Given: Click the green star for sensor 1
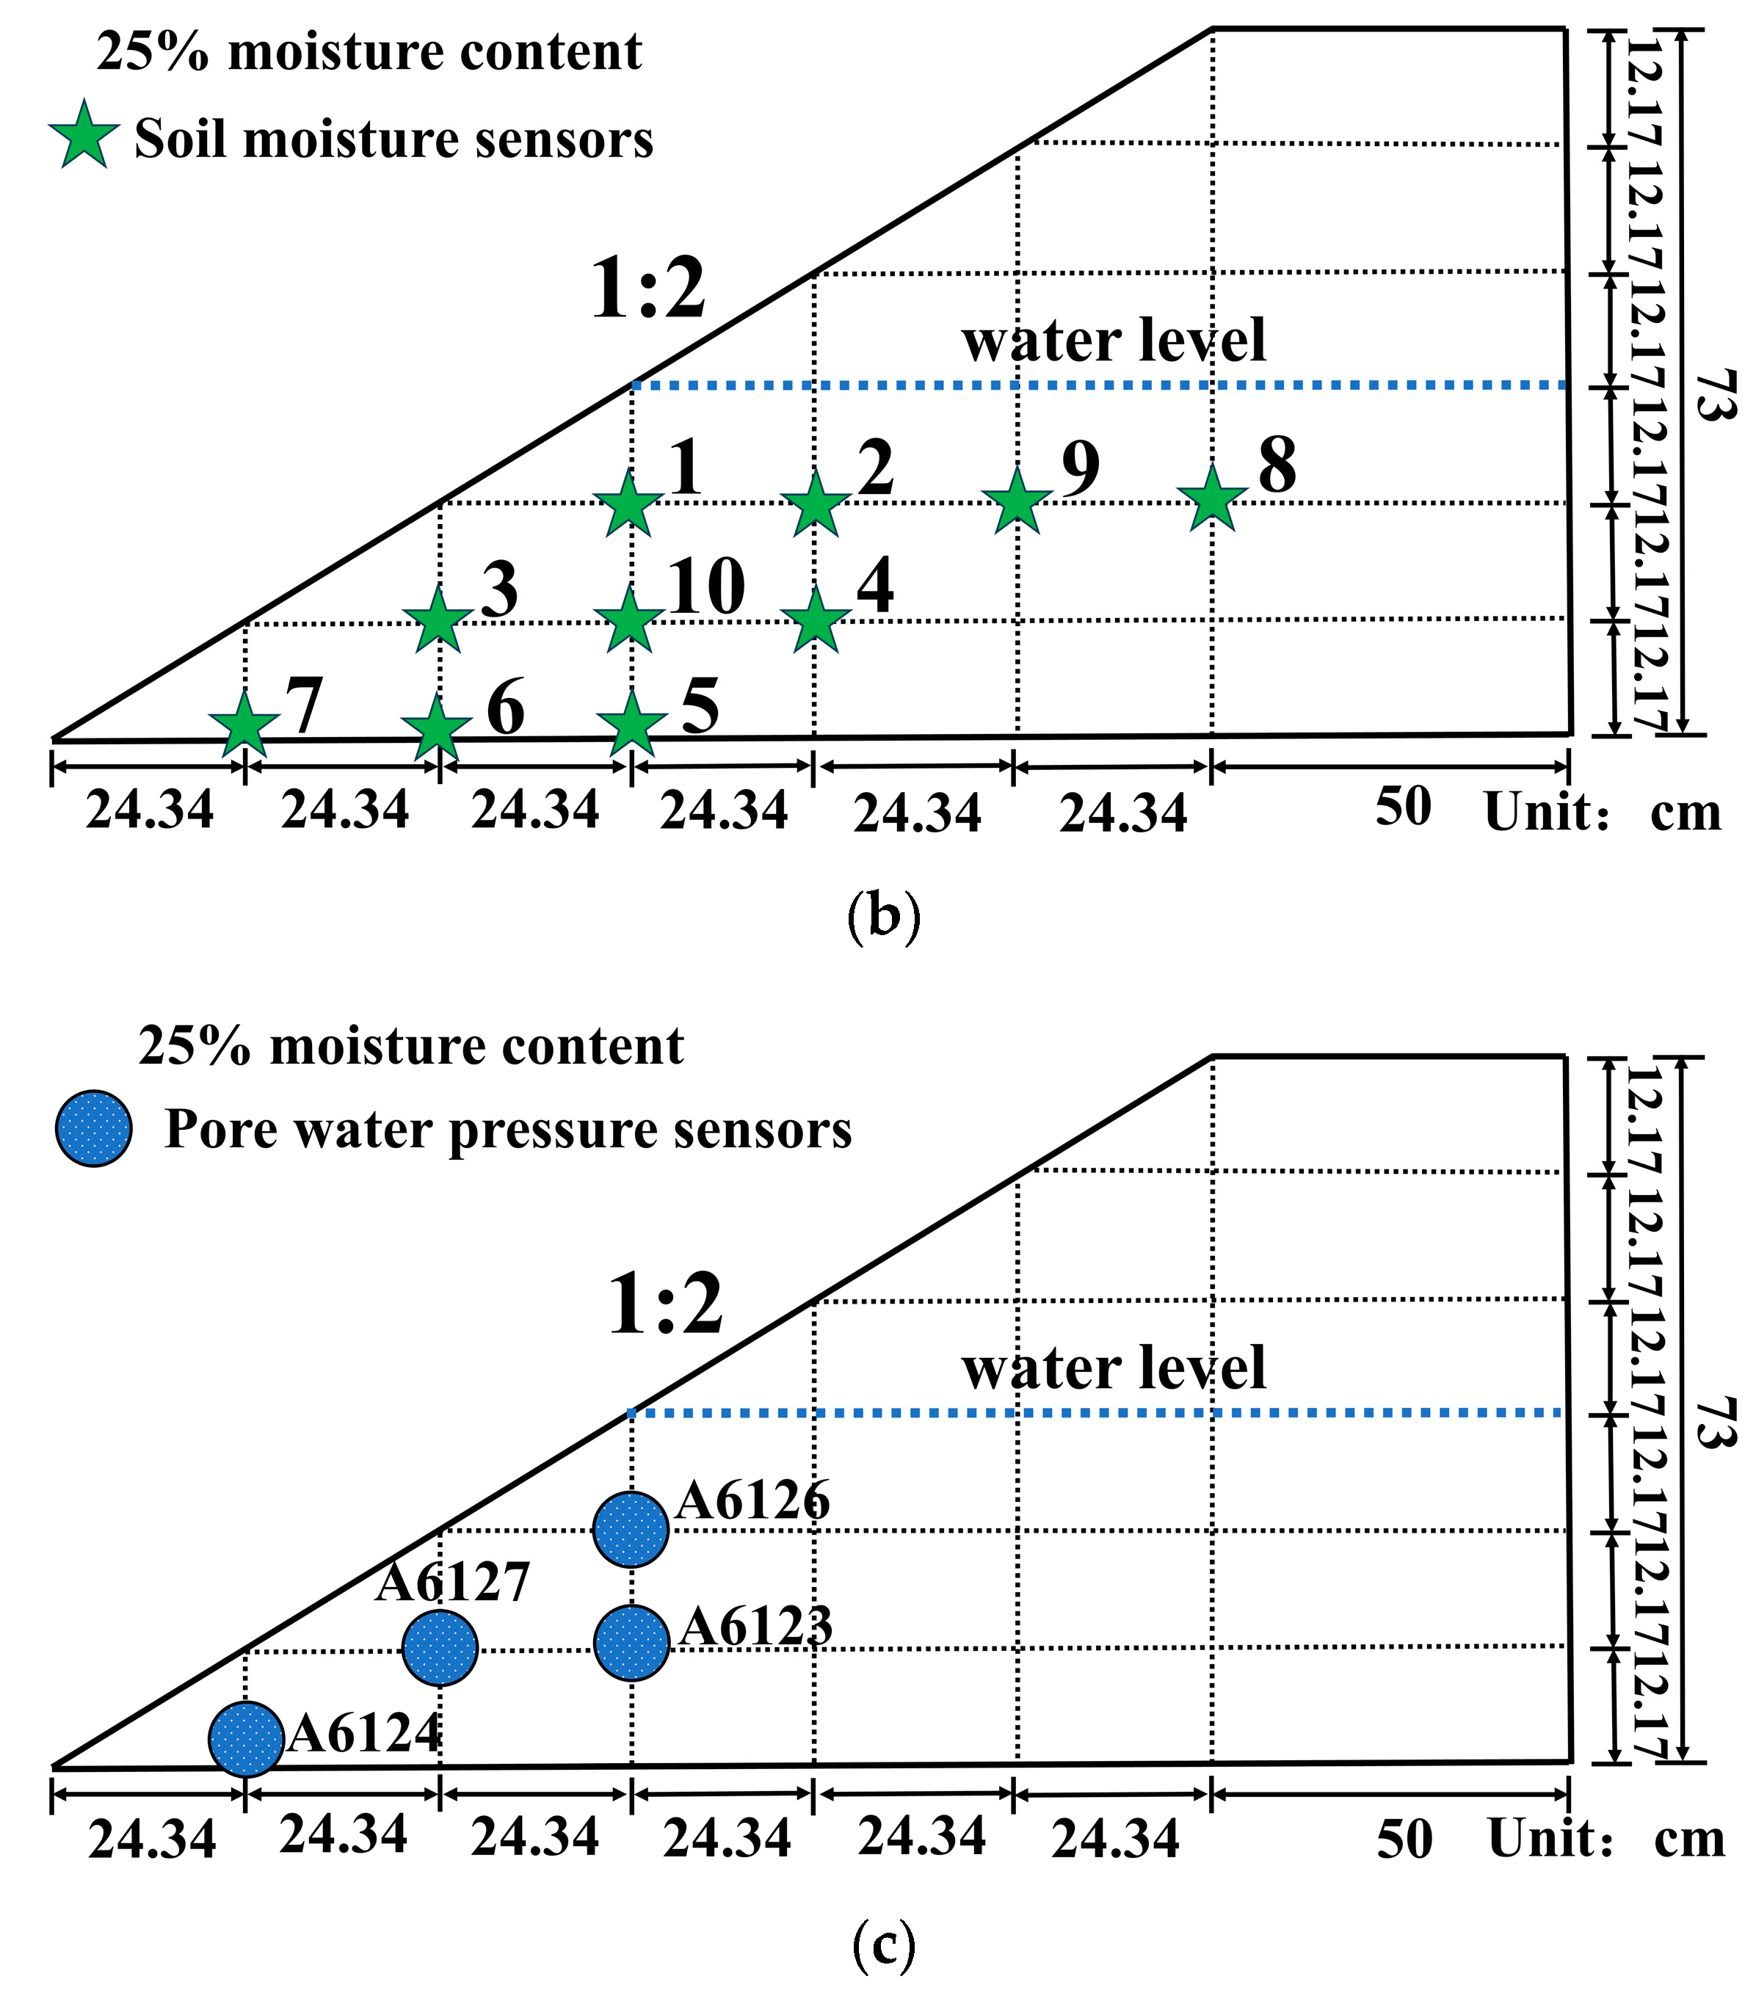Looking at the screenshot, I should [629, 504].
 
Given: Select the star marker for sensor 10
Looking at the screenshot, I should [629, 620].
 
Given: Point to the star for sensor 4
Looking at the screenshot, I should [815, 620].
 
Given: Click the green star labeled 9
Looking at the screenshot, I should [1017, 502].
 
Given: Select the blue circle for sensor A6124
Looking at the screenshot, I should [247, 1740].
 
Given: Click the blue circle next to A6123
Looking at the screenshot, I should [631, 1643].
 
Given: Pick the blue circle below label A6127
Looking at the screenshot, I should [440, 1647].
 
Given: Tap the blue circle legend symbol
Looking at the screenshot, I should [93, 1128].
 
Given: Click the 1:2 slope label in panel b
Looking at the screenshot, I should [647, 289].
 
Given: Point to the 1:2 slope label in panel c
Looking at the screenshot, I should [665, 1306].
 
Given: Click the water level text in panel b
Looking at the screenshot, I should [1113, 341].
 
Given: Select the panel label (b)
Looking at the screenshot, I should [883, 917].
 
